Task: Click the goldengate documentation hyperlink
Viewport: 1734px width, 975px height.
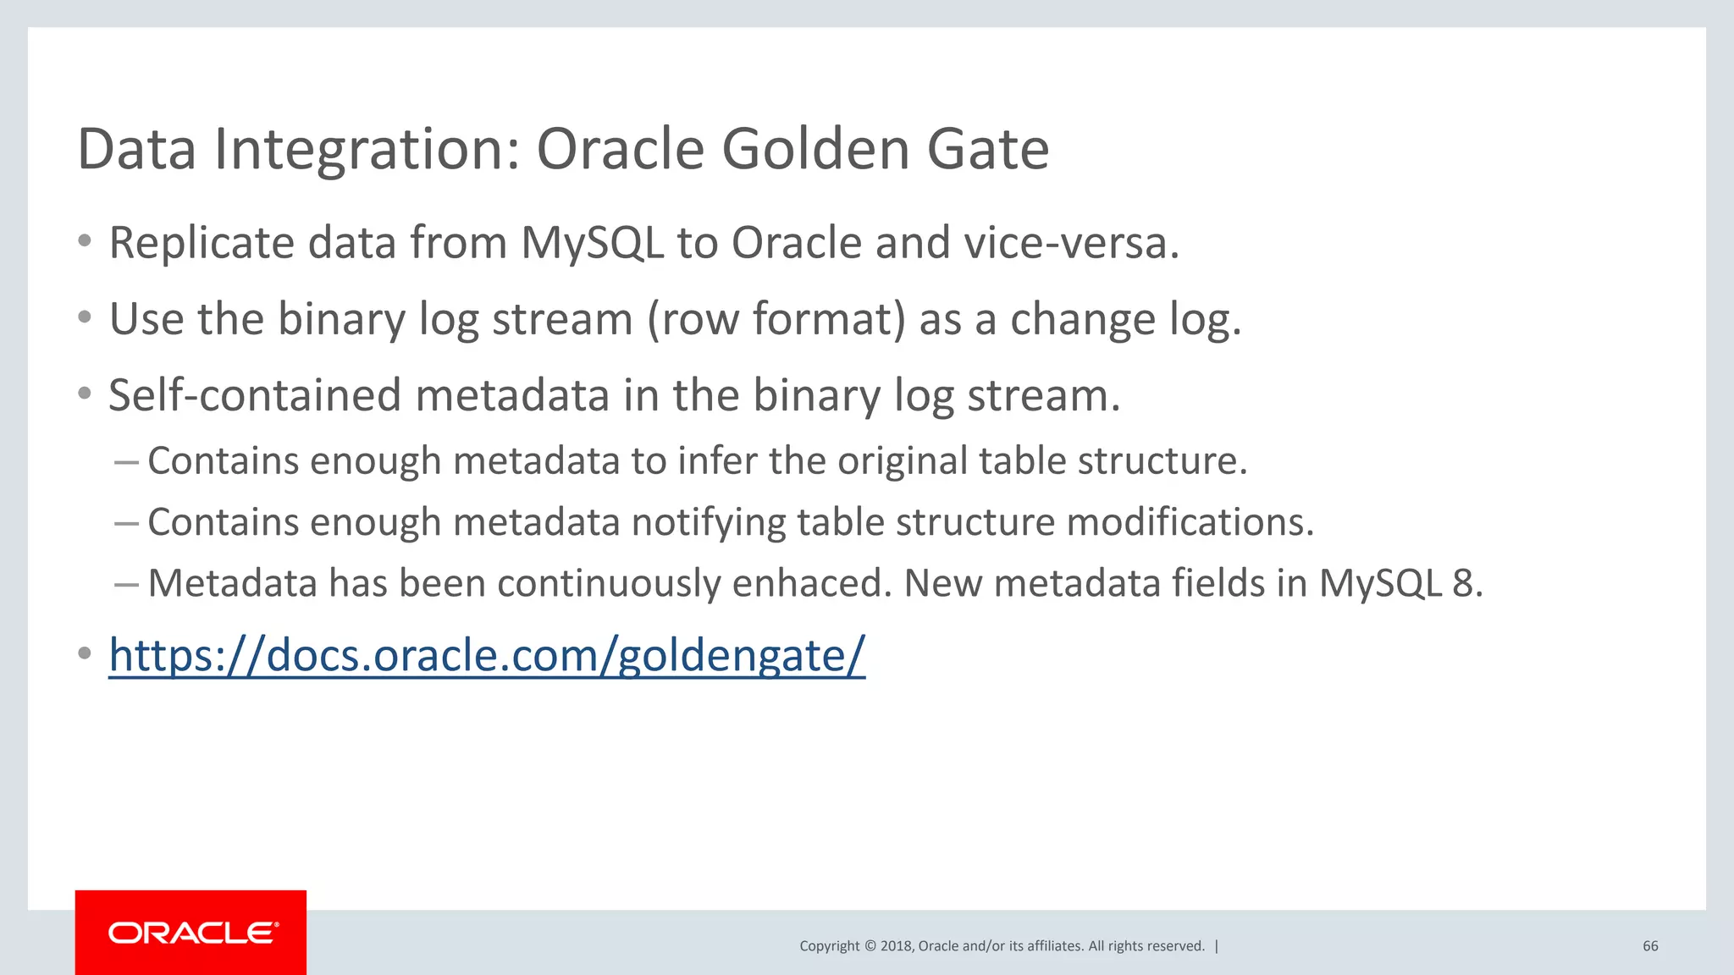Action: click(x=487, y=656)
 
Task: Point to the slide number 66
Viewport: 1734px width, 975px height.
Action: click(x=1650, y=946)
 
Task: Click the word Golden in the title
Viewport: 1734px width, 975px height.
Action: click(x=815, y=149)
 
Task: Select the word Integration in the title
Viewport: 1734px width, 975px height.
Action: click(x=367, y=151)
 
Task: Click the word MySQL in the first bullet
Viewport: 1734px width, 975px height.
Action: click(x=592, y=244)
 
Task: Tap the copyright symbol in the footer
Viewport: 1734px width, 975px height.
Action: click(x=869, y=946)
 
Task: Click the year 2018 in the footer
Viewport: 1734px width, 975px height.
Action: click(x=896, y=946)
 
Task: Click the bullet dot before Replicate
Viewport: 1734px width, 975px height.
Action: click(x=84, y=242)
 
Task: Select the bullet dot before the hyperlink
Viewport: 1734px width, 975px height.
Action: click(x=84, y=654)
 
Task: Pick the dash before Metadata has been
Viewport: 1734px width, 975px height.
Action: click(x=126, y=584)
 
